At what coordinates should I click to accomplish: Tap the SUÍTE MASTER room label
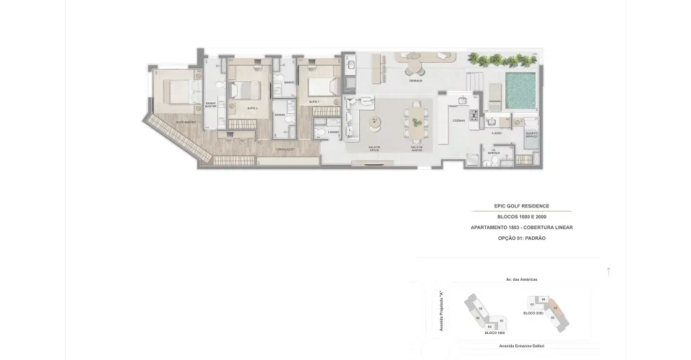[186, 122]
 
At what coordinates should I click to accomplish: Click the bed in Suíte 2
[245, 91]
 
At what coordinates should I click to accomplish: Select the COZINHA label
[458, 121]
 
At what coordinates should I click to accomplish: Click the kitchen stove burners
[473, 114]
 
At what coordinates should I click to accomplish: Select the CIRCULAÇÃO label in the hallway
[286, 150]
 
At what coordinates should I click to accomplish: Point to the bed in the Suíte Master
[176, 92]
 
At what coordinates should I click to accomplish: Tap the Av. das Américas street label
[522, 279]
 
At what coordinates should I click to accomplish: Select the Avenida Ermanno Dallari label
[520, 346]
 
